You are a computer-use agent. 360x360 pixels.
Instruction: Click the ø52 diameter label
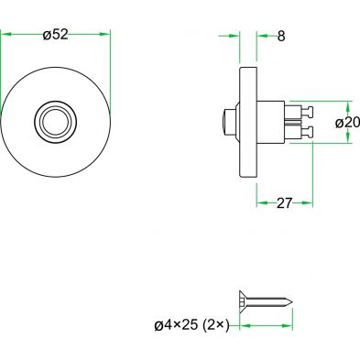click(55, 35)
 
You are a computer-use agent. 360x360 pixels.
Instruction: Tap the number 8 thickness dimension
click(281, 37)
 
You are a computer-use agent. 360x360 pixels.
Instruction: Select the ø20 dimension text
click(347, 123)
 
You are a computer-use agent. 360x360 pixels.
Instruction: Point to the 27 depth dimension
click(284, 203)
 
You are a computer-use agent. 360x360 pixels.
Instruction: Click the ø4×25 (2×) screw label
click(191, 325)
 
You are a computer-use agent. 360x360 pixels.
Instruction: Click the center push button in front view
click(55, 122)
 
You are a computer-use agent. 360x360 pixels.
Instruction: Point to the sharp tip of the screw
click(291, 302)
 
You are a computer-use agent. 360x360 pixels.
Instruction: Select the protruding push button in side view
click(230, 122)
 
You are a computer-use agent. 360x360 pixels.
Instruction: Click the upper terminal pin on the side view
click(307, 112)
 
